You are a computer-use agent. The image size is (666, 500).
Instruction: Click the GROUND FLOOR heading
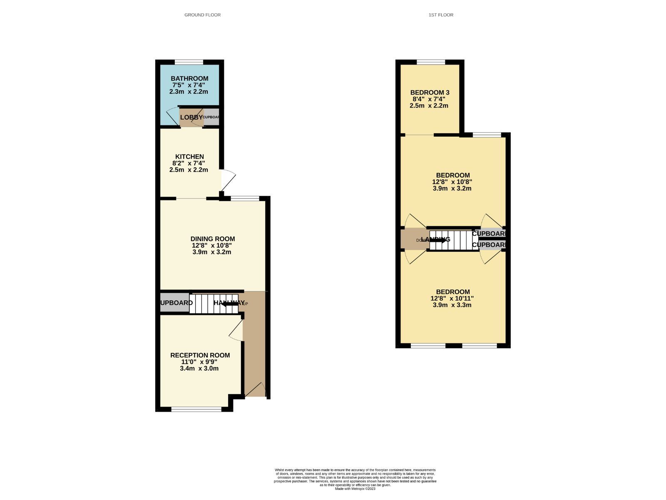(202, 15)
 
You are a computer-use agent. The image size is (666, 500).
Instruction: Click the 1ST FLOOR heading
(441, 15)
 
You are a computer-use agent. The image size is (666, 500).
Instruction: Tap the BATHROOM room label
(189, 78)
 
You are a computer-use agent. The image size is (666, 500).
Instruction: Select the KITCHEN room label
(189, 157)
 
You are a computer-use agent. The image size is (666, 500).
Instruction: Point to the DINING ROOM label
(213, 239)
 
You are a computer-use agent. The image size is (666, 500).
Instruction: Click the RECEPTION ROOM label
(200, 355)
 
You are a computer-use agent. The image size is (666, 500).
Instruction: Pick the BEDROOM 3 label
(430, 92)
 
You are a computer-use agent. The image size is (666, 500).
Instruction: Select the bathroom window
(189, 62)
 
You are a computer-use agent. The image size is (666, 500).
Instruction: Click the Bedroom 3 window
(431, 62)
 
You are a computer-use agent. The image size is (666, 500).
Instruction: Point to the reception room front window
(196, 410)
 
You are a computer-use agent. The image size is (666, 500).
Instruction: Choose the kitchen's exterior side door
(227, 180)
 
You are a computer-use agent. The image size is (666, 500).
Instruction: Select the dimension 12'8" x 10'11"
(452, 298)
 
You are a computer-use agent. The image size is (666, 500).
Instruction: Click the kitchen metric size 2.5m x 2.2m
(189, 170)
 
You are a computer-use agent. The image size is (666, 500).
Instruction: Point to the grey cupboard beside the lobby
(211, 117)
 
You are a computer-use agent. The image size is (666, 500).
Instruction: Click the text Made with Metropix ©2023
(355, 489)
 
